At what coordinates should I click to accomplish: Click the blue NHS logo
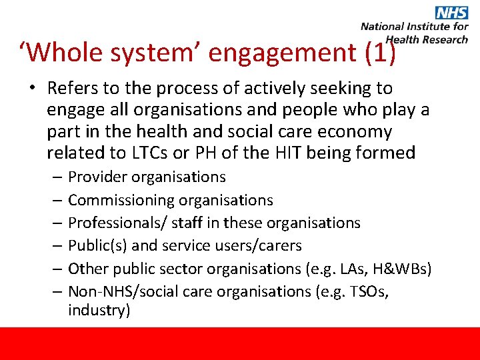pos(451,12)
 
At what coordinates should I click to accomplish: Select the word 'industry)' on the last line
pos(99,311)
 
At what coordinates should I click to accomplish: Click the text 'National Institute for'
pos(414,27)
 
